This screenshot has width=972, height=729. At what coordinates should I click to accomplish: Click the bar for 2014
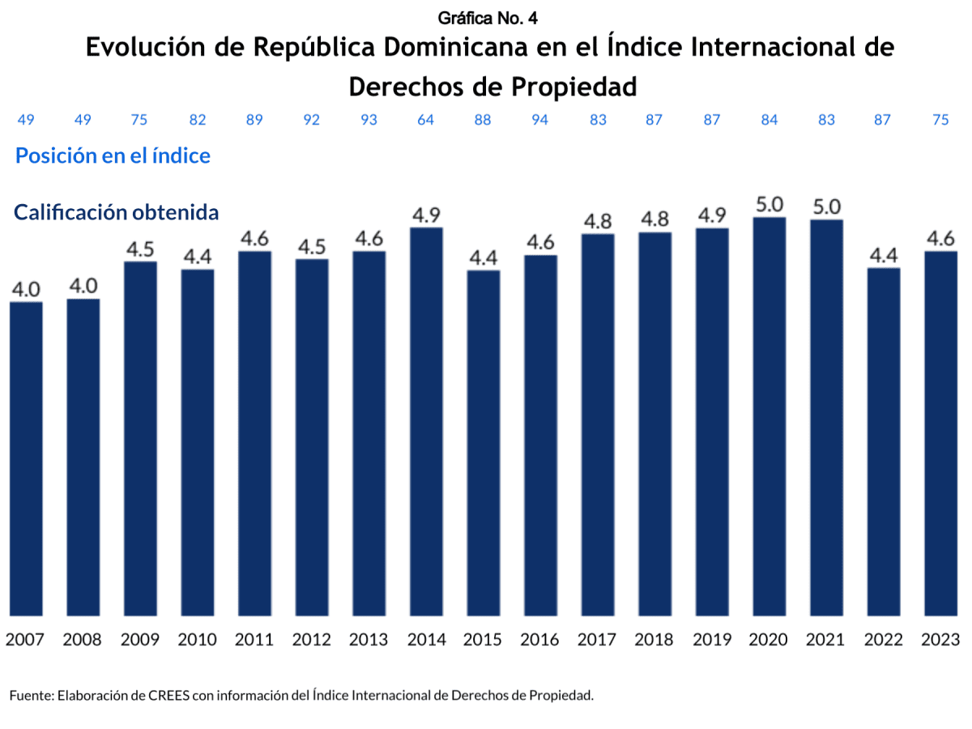pos(426,421)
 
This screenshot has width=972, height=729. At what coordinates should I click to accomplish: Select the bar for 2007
pos(26,458)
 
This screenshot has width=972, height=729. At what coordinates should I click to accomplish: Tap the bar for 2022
pos(883,441)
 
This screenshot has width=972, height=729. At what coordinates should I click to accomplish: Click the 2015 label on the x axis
pos(483,639)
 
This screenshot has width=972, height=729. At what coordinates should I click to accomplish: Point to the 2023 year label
pos(940,639)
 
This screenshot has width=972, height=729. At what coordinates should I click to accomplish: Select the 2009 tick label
pos(140,639)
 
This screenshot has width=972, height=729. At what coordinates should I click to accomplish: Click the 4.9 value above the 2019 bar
pos(711,216)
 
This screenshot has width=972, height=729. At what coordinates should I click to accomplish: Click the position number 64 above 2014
pos(426,120)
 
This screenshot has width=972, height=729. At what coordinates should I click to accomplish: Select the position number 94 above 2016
pos(540,120)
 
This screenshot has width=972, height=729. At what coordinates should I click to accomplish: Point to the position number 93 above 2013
pos(369,120)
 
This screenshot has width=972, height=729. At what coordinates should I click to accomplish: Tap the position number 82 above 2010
pos(197,120)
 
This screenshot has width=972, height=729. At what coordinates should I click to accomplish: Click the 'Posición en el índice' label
pos(113,156)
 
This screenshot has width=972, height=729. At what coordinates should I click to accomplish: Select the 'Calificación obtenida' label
pos(117,212)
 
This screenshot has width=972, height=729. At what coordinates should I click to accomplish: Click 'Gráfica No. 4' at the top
pos(488,18)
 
